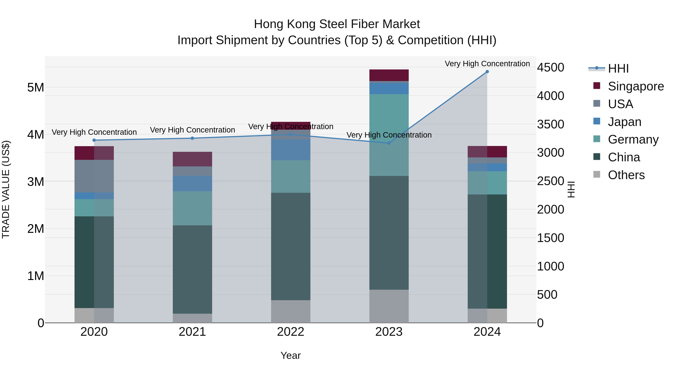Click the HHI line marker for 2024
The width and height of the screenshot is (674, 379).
click(487, 72)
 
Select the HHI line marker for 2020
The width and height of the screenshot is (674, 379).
click(94, 140)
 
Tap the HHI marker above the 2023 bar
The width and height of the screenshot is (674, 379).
click(389, 143)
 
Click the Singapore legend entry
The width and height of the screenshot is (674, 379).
click(636, 86)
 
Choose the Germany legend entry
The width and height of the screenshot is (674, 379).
click(633, 139)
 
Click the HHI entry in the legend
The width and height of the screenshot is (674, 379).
click(618, 69)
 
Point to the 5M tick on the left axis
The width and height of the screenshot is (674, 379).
click(36, 87)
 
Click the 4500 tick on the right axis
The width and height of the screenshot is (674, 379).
click(550, 68)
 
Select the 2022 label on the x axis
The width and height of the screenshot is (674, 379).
click(290, 332)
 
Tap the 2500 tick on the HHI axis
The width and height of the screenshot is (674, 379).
click(550, 181)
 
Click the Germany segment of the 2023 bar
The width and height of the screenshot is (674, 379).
click(389, 135)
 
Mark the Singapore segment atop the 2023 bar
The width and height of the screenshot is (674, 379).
click(389, 75)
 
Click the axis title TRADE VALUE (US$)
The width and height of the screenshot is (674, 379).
click(6, 189)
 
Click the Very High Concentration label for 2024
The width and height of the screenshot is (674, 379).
click(487, 64)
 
